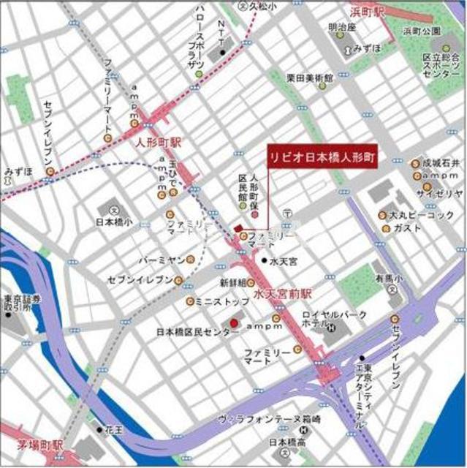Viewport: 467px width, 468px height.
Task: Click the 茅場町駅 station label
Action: (40, 445)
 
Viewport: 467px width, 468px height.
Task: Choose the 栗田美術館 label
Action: (309, 78)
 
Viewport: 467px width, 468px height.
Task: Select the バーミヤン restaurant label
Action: (160, 260)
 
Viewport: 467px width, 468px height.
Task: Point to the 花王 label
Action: (115, 431)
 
